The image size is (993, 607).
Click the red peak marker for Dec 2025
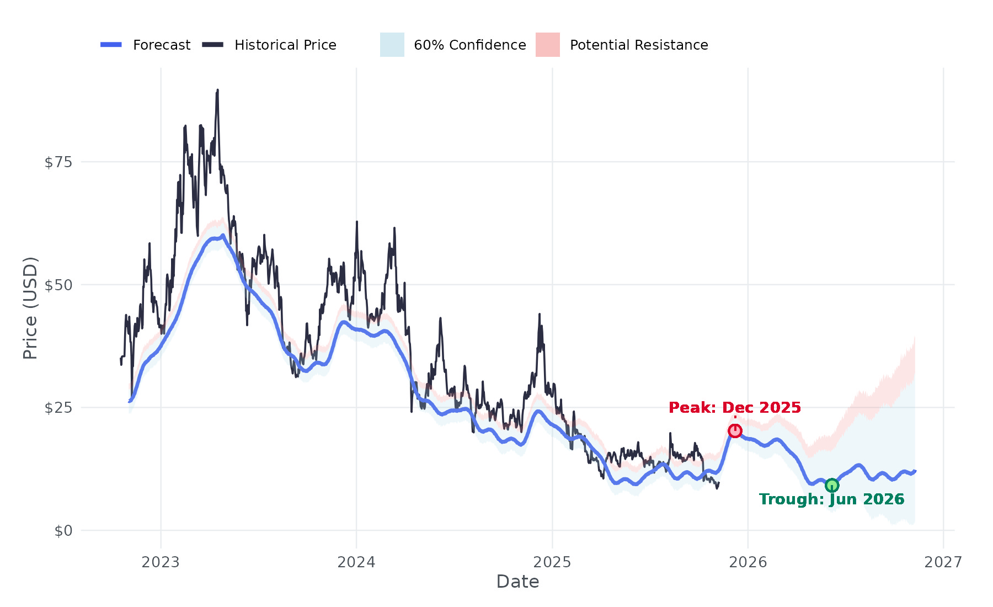(735, 431)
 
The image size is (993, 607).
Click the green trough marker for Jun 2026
(832, 486)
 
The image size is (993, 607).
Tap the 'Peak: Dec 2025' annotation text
(734, 408)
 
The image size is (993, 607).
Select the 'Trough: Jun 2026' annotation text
(831, 499)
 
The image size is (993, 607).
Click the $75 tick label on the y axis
(58, 162)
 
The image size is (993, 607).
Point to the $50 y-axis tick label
(58, 285)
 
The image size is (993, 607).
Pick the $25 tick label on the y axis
(58, 408)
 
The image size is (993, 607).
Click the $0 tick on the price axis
(63, 531)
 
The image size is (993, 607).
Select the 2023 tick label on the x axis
(161, 562)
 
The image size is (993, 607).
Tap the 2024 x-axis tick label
(356, 562)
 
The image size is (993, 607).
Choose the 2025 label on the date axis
(552, 562)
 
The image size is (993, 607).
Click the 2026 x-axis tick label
(748, 562)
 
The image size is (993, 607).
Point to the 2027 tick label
(943, 562)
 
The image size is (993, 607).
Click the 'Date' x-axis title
(517, 582)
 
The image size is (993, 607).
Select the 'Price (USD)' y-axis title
(30, 308)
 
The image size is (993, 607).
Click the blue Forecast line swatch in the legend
(111, 45)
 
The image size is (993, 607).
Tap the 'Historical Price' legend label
(285, 45)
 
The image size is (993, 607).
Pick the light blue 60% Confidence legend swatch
(392, 45)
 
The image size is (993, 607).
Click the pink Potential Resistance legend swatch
(548, 45)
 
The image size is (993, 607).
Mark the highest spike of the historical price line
(217, 90)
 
